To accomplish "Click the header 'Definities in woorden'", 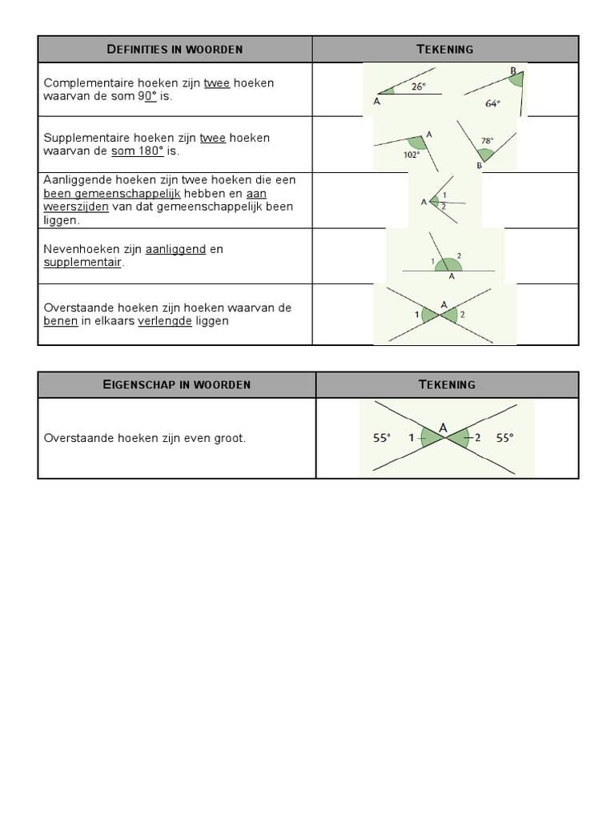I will (x=175, y=50).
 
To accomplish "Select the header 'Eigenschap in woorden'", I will (x=177, y=384).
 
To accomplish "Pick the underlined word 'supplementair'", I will (x=82, y=262).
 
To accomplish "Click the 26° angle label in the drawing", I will (x=419, y=87).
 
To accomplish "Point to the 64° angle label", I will (x=492, y=103).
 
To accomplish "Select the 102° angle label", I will (x=411, y=155).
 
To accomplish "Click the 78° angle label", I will (x=487, y=140).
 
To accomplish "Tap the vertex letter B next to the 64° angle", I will (x=513, y=71).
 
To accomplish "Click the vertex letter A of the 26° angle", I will (x=377, y=102).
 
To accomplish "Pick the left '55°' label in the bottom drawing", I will (x=382, y=438).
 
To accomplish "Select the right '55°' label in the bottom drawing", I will (x=504, y=438).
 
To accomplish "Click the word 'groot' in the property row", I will (x=229, y=439).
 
